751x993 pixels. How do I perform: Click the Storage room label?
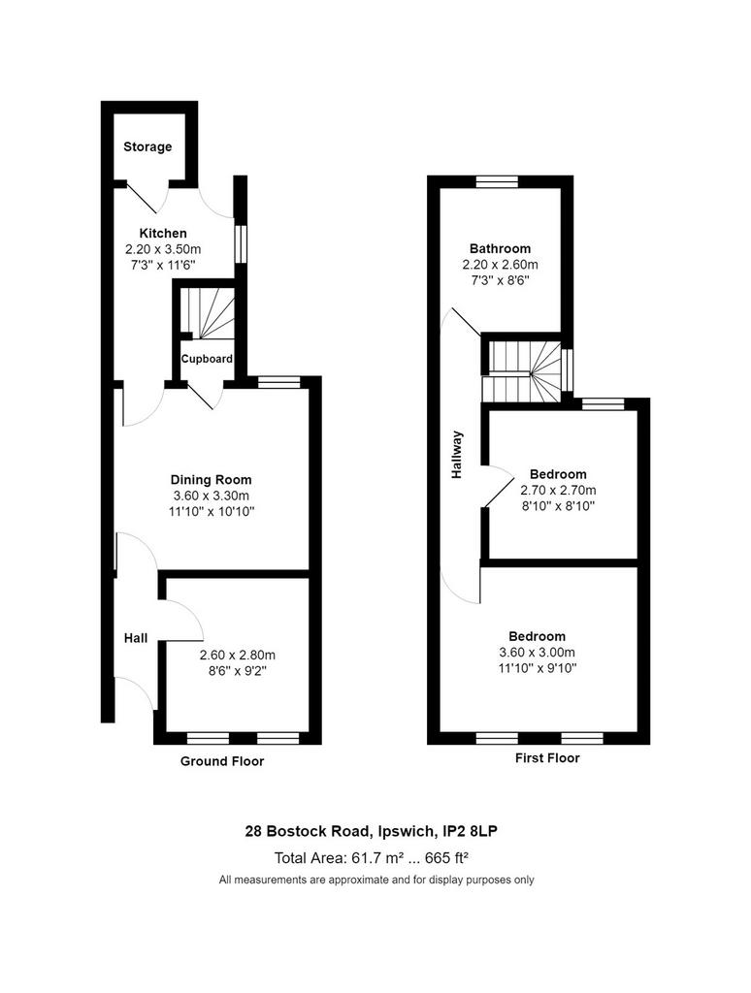[x=147, y=147]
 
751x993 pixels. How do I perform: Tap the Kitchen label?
[x=163, y=233]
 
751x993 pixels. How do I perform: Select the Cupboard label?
[x=207, y=359]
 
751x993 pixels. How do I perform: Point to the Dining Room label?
[x=212, y=479]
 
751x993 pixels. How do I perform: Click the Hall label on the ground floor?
[x=136, y=638]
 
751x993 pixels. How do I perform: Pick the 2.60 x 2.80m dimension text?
[x=238, y=656]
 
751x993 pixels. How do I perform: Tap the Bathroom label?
[x=500, y=248]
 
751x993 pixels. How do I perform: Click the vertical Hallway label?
[x=457, y=455]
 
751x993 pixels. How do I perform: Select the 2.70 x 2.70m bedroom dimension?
[x=558, y=490]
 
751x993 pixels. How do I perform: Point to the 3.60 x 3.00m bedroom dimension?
[x=538, y=653]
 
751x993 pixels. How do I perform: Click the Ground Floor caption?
[x=222, y=761]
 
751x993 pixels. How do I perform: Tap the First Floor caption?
[x=547, y=758]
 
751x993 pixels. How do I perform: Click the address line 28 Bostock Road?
[x=372, y=831]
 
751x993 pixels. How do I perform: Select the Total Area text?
[x=372, y=858]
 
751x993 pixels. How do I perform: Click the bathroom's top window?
[x=498, y=181]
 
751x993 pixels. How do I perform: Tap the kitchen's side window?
[x=241, y=244]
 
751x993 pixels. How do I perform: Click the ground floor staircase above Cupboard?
[x=207, y=312]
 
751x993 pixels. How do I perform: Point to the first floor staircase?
[x=524, y=371]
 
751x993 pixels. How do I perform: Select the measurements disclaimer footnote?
[x=376, y=880]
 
